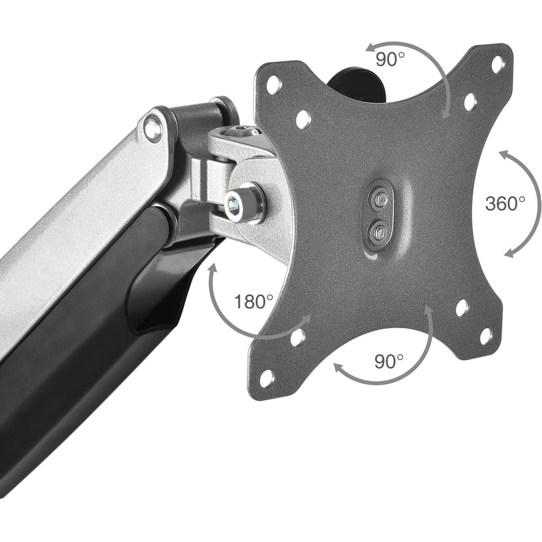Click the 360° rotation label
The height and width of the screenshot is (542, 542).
coord(505,203)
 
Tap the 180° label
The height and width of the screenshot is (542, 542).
coord(254,301)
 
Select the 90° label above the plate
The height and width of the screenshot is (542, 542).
coord(390,59)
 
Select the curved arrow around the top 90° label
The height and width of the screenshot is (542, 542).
coord(422,60)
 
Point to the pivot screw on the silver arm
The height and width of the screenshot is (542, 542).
coord(154,126)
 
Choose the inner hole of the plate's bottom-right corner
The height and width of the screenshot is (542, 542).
coord(462,308)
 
